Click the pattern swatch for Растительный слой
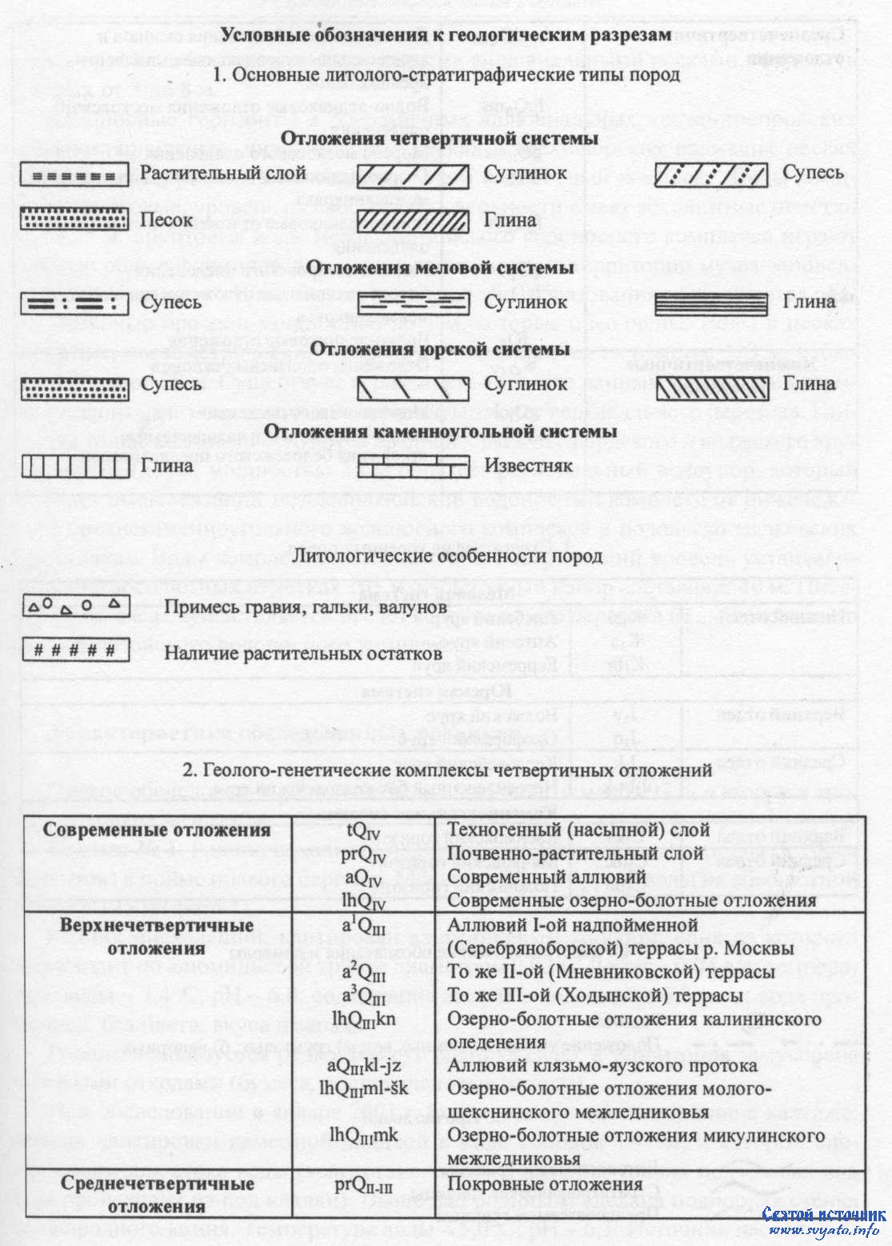(x=75, y=174)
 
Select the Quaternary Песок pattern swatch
(x=75, y=218)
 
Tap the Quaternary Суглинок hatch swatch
(x=413, y=174)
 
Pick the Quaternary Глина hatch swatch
(x=413, y=219)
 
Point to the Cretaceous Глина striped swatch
(x=711, y=302)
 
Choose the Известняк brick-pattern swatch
(x=413, y=466)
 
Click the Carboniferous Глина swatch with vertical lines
(x=75, y=466)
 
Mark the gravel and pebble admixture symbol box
(x=75, y=606)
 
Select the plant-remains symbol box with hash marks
(x=75, y=650)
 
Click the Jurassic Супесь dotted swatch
(x=75, y=386)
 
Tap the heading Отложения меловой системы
(x=440, y=267)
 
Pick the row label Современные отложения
(x=157, y=830)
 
